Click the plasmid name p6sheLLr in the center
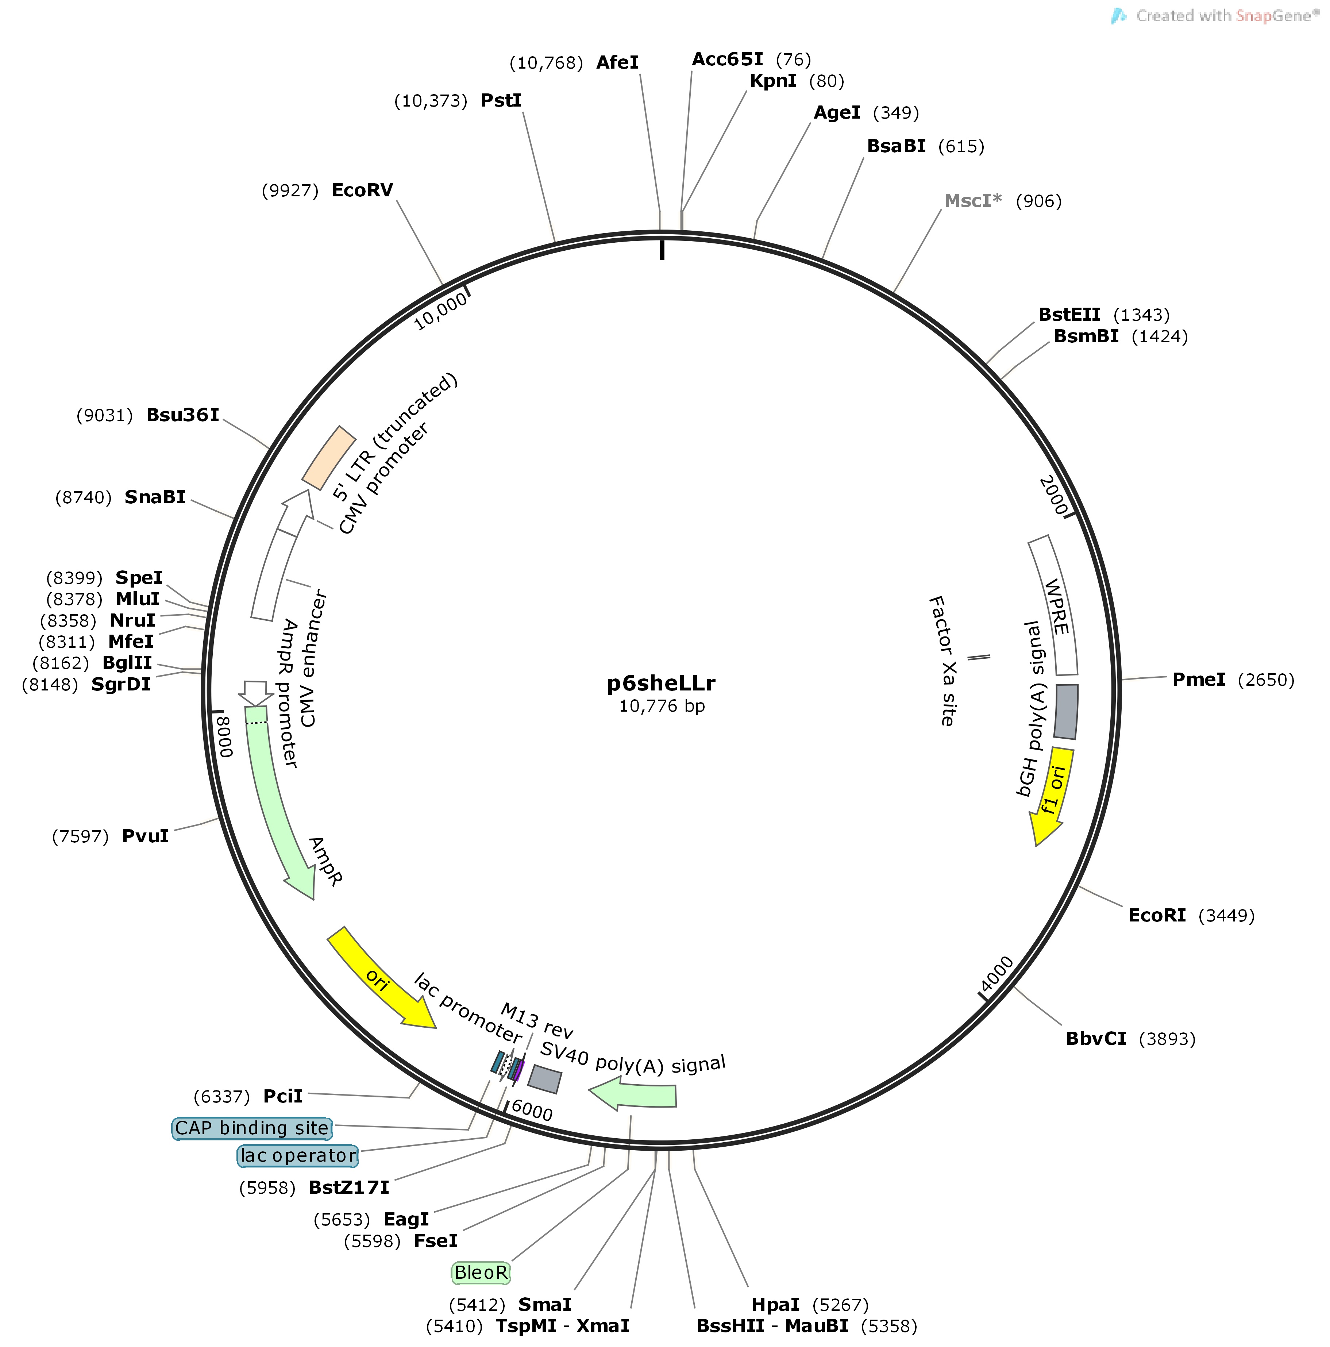click(x=661, y=683)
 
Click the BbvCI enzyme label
click(x=1096, y=1039)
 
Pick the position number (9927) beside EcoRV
click(x=290, y=191)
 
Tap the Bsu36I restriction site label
click(x=183, y=416)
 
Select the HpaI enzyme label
click(x=775, y=1304)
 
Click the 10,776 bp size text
click(x=662, y=706)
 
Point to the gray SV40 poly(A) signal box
click(x=544, y=1078)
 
